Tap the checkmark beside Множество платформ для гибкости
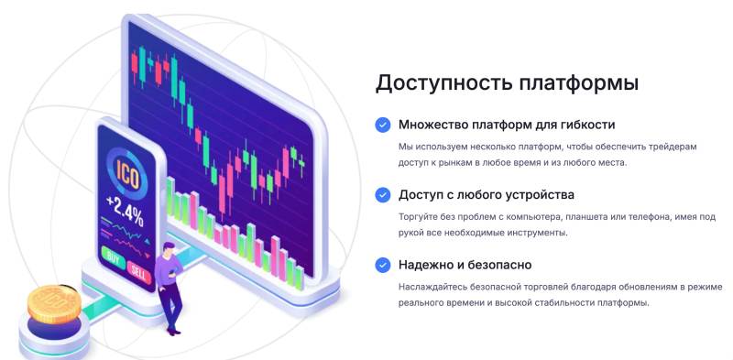tap(382, 125)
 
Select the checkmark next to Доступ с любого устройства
tap(382, 194)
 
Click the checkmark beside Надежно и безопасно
tap(382, 265)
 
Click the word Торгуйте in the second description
tap(421, 217)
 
